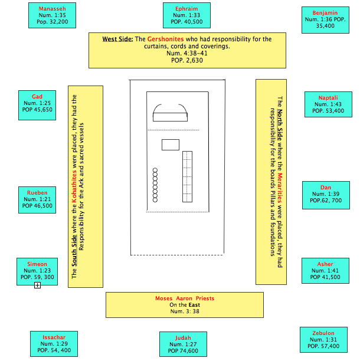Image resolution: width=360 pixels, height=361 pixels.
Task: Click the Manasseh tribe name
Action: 53,9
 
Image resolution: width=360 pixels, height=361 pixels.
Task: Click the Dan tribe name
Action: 326,188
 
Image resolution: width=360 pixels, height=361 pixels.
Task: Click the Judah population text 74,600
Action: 189,351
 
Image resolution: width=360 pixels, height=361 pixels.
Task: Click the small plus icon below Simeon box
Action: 37,285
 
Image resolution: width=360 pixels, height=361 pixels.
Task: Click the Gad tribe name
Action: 37,96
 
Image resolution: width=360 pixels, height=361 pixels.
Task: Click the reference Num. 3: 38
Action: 185,311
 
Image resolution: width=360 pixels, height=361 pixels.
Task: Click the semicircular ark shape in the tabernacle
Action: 171,113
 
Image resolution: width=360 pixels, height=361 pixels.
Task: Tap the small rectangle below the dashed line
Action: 170,145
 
